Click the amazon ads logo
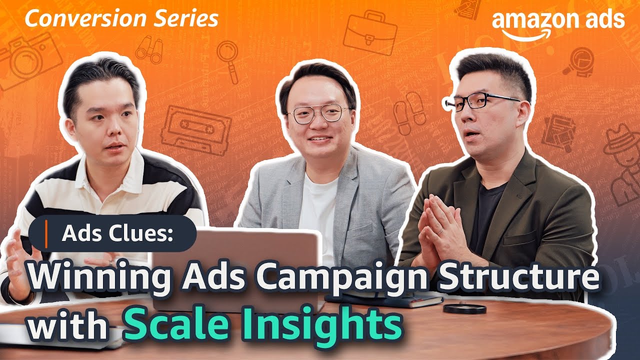pyautogui.click(x=557, y=22)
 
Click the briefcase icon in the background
pyautogui.click(x=370, y=33)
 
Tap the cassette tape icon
pyautogui.click(x=195, y=128)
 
